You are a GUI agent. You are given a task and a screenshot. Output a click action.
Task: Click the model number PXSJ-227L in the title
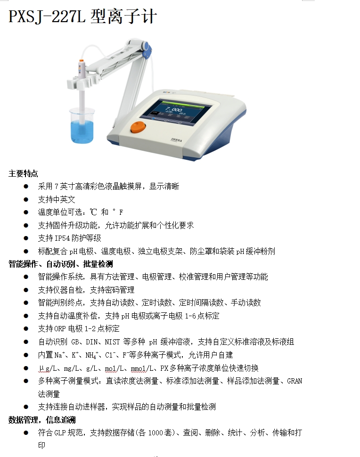click(47, 16)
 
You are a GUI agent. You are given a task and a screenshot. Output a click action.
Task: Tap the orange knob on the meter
click(138, 127)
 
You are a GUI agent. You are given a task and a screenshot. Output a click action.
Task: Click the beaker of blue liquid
click(82, 125)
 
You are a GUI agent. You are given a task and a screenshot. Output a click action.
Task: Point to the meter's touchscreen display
click(173, 113)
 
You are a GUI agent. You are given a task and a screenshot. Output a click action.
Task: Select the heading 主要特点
click(23, 174)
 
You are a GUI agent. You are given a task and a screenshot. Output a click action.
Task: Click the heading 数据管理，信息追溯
click(42, 420)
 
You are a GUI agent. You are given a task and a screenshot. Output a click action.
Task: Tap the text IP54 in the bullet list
click(62, 238)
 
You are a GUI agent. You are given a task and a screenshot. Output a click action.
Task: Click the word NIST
click(112, 342)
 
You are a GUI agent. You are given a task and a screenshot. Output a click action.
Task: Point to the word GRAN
click(295, 381)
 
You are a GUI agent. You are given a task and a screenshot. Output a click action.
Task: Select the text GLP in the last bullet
click(60, 433)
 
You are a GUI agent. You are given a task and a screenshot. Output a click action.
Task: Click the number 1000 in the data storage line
click(155, 433)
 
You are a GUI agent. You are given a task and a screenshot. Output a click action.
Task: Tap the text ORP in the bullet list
click(60, 329)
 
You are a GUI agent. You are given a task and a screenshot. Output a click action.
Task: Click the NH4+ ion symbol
click(91, 355)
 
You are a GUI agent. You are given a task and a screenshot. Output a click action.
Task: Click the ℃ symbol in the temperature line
click(93, 212)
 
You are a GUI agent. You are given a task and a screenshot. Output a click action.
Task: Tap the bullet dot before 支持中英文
click(26, 199)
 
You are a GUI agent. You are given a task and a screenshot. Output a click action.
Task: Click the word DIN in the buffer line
click(91, 342)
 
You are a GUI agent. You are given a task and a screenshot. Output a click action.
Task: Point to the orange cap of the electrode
click(82, 61)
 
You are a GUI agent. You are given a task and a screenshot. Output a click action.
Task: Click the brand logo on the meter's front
click(176, 140)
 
